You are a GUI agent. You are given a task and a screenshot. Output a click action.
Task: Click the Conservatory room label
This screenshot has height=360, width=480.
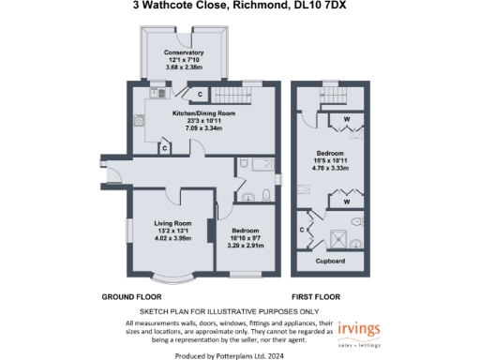(184, 52)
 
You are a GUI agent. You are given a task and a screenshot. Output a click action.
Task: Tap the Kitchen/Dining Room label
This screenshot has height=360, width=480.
(202, 113)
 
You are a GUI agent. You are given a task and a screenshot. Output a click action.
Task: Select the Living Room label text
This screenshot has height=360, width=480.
(172, 222)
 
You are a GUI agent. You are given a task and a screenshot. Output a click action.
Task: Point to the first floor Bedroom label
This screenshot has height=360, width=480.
(328, 152)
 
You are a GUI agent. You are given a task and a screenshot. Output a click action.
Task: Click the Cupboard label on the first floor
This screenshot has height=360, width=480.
(328, 260)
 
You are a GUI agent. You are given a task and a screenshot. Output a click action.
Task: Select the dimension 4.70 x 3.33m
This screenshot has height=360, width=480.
(328, 168)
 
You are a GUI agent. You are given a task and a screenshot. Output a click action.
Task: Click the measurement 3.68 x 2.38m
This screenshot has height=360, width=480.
(184, 67)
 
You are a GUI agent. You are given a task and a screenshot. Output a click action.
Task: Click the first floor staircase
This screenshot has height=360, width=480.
(327, 99)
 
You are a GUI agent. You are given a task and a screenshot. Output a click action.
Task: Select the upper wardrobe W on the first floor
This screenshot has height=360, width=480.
(346, 119)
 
